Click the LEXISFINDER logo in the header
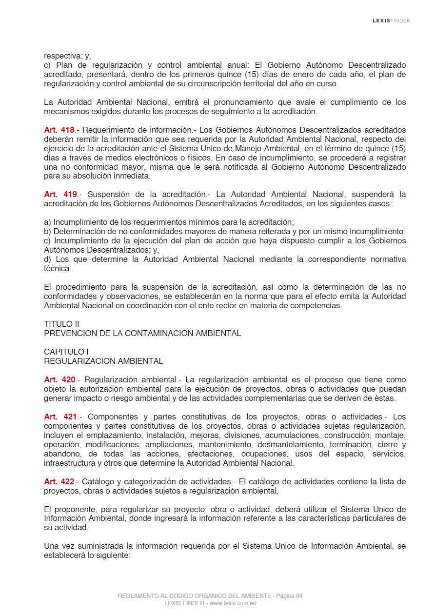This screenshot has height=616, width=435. click(x=391, y=20)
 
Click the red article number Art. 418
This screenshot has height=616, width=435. click(x=59, y=130)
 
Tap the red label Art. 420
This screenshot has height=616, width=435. click(x=59, y=379)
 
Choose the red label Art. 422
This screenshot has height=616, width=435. click(x=59, y=481)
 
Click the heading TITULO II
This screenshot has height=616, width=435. click(x=61, y=324)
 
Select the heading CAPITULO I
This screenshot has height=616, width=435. click(x=66, y=352)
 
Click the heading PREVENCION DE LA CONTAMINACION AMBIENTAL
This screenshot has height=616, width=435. click(x=142, y=333)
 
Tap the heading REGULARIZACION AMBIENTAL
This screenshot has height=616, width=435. click(x=103, y=361)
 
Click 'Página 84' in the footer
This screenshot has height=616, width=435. click(x=289, y=596)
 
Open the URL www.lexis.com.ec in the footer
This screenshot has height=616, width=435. click(x=233, y=603)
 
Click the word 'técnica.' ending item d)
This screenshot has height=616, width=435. click(x=58, y=268)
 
